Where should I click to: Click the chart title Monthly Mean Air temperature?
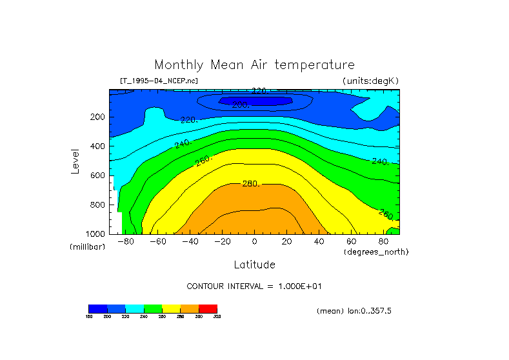point(254,65)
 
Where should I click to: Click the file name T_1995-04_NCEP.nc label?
point(159,81)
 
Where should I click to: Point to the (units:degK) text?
point(371,81)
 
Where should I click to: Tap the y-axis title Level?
point(75,161)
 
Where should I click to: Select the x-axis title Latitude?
point(254,265)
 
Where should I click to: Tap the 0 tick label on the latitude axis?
point(254,242)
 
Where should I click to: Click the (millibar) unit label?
point(87,247)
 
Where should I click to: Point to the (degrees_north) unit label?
point(377,252)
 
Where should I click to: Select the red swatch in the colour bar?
point(208,308)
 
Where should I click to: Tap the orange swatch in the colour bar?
point(190,308)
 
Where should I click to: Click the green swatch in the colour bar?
point(153,308)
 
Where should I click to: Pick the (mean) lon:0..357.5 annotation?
point(354,311)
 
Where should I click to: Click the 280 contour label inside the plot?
point(250,185)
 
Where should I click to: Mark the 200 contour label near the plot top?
point(240,105)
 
